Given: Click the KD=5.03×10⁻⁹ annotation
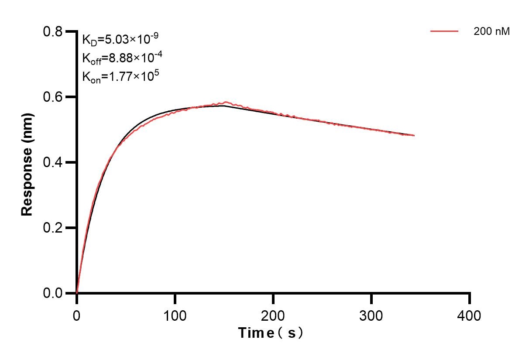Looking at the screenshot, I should tap(120, 40).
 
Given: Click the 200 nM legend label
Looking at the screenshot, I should tap(491, 31).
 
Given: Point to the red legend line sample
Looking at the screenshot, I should tap(444, 31).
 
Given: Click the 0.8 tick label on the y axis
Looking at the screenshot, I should tap(53, 32).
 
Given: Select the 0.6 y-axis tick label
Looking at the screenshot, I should tap(53, 97).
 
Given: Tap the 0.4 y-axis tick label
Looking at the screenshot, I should tap(53, 162).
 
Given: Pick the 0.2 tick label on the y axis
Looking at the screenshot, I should tap(53, 228).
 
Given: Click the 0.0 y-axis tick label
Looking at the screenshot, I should tap(53, 293).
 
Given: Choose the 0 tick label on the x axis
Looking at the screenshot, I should tap(77, 315).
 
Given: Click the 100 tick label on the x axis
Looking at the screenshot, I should tap(175, 315).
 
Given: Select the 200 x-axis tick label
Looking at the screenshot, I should tap(273, 315).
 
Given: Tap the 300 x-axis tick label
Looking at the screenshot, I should tap(371, 315).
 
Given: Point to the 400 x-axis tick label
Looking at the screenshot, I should tap(470, 315).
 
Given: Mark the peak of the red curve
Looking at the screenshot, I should tap(225, 102).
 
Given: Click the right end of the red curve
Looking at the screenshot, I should tap(414, 135).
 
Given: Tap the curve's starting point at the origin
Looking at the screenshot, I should tap(77, 293).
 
